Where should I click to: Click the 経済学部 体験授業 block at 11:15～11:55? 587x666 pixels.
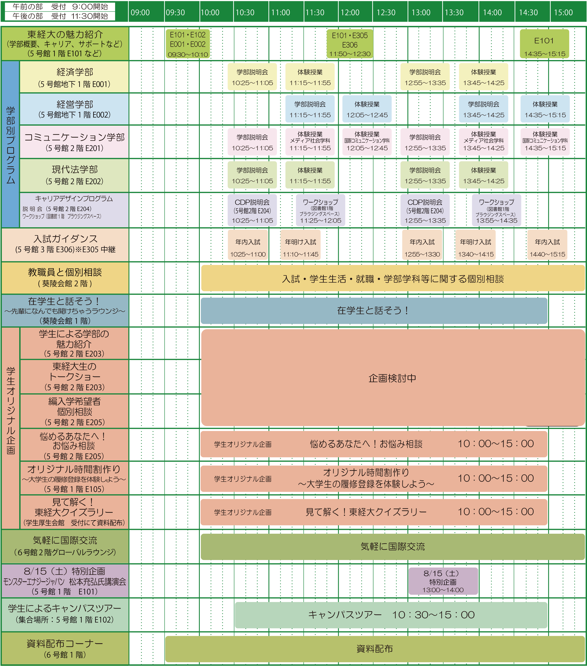(310, 77)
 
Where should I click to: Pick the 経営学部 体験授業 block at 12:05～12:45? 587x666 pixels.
(367, 109)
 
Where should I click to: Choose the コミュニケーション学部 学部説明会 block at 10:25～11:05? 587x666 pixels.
(252, 142)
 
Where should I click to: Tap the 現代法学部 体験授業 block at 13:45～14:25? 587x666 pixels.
(483, 175)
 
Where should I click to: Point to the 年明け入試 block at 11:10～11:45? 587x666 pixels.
(300, 245)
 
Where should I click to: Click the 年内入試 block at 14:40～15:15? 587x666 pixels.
(547, 245)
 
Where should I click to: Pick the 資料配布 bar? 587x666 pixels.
(375, 649)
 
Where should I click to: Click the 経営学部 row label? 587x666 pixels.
(75, 109)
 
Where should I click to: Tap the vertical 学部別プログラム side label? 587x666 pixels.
(10, 145)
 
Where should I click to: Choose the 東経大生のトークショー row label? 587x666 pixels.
(75, 377)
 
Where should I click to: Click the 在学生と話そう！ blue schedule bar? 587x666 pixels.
(374, 310)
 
